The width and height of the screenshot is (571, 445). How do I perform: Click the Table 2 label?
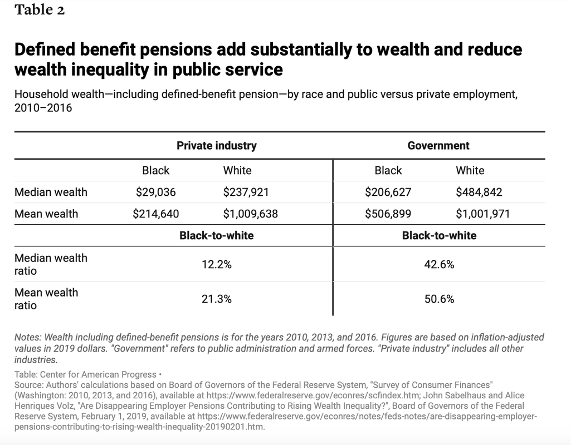pos(40,10)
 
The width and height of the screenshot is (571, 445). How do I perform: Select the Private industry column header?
pos(217,145)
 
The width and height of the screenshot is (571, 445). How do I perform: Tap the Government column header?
pos(438,145)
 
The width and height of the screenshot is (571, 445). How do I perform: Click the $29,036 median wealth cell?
pos(156,192)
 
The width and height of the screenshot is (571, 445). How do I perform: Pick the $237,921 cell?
pos(246,192)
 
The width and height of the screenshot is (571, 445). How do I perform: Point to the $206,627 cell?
pos(388,192)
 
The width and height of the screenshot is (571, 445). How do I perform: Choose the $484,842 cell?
pos(479,192)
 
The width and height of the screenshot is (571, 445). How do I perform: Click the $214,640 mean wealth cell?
pos(156,214)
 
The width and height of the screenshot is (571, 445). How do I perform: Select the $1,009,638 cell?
pos(251,214)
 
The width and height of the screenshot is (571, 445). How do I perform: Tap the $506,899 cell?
pos(388,214)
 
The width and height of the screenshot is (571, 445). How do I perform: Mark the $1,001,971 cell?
pos(483,214)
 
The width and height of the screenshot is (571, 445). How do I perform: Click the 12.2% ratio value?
pos(217,264)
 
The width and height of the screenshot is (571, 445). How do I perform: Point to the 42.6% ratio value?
pos(439,264)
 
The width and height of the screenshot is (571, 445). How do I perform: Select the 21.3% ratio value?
pos(217,299)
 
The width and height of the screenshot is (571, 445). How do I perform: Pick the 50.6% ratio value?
pos(439,299)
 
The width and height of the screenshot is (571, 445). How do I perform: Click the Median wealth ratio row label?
pos(51,264)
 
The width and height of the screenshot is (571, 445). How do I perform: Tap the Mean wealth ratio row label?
pos(46,299)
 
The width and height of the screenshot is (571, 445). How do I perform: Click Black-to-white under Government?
pos(439,235)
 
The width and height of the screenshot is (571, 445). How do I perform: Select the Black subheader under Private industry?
pos(156,170)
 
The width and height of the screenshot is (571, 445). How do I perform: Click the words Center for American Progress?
pos(98,374)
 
